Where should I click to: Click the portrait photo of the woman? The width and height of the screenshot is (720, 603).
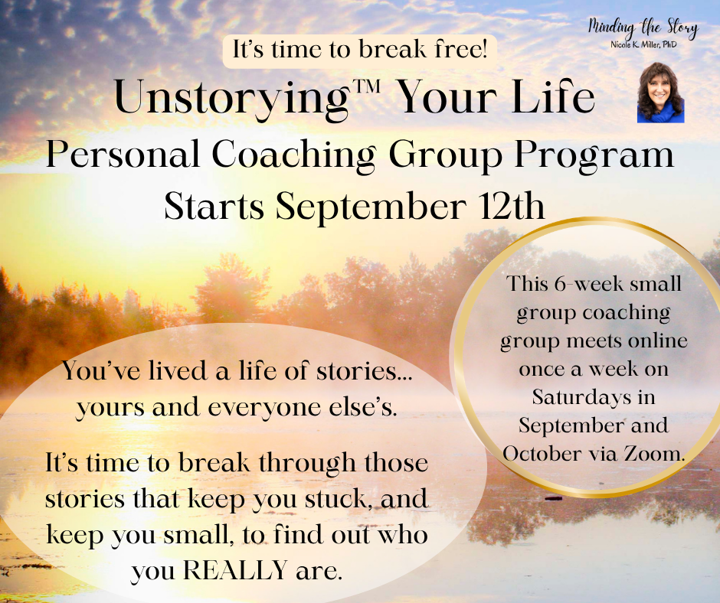click(x=660, y=93)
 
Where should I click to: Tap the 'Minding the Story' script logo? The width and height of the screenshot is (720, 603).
click(x=643, y=28)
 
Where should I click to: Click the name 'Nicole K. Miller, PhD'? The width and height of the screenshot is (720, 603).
click(x=643, y=44)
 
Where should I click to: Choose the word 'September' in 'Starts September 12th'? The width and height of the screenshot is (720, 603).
click(x=371, y=207)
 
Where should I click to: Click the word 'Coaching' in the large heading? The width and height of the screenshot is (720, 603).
click(x=294, y=156)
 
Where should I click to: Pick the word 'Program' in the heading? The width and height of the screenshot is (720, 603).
click(x=594, y=156)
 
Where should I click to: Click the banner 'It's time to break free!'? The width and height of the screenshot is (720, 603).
click(x=359, y=51)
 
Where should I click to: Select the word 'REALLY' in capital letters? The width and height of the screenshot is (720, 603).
click(x=235, y=570)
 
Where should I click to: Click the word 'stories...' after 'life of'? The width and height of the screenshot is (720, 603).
click(x=365, y=371)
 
